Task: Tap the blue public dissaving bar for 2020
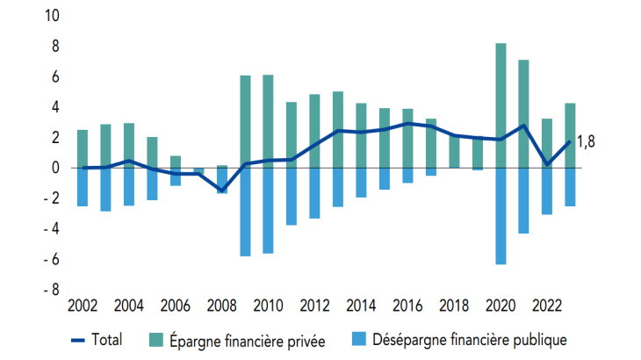tap(501, 216)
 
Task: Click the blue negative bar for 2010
tap(268, 210)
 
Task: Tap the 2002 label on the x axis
tap(82, 306)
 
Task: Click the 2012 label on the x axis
tap(314, 306)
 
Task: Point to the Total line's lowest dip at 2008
tap(221, 190)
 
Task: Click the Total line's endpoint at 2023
tap(570, 141)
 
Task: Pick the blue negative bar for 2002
tap(83, 187)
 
